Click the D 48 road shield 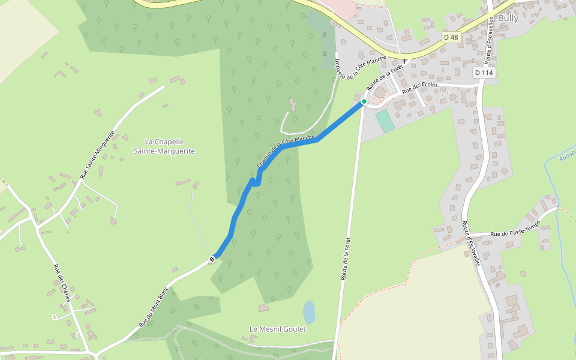451,37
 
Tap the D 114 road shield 483,73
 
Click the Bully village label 508,18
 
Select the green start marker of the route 364,101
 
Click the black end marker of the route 212,259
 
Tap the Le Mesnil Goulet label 278,329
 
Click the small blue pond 309,312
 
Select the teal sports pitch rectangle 385,121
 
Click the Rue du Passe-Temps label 515,228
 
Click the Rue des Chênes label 62,284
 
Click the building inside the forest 293,105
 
